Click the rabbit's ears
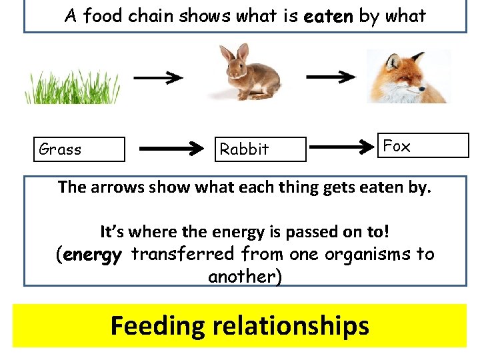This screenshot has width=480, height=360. pyautogui.click(x=235, y=52)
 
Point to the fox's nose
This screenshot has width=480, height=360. pyautogui.click(x=425, y=89)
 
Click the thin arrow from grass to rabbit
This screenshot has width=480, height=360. pyautogui.click(x=157, y=78)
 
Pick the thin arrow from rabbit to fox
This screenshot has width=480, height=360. pyautogui.click(x=331, y=77)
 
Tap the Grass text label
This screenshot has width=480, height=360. pyautogui.click(x=61, y=149)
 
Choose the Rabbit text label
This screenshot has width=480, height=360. pyautogui.click(x=244, y=149)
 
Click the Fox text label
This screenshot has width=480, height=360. pyautogui.click(x=397, y=146)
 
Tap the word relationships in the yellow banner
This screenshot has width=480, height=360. pyautogui.click(x=291, y=326)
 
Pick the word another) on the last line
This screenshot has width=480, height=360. pyautogui.click(x=245, y=276)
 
